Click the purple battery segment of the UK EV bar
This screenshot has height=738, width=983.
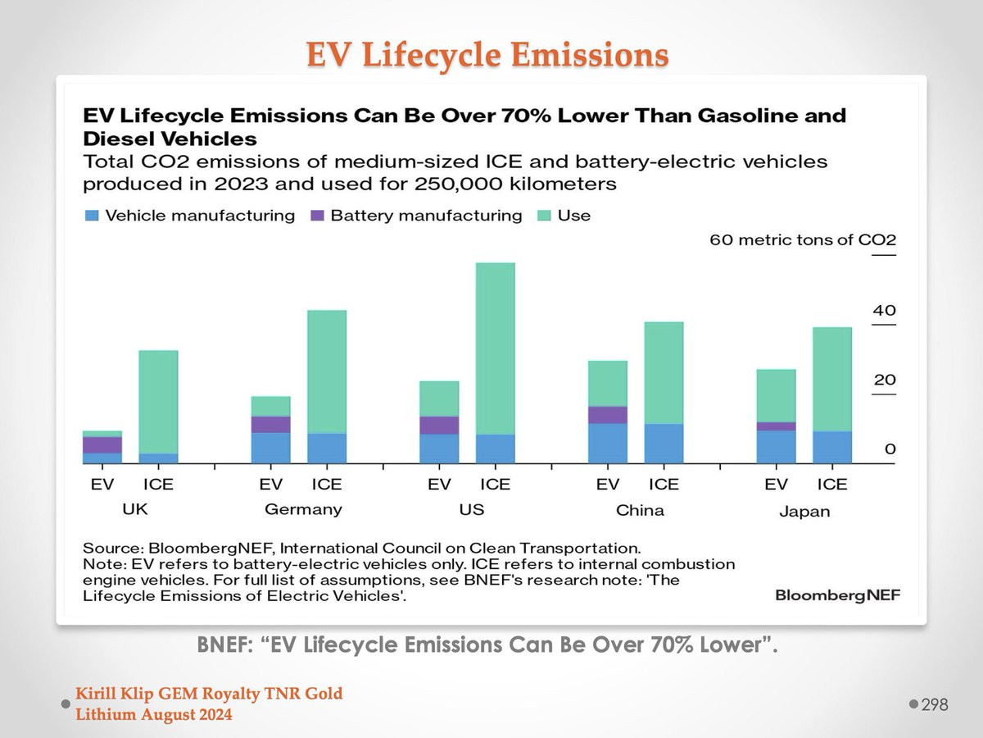coord(102,444)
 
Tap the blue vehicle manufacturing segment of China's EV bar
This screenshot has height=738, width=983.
coord(608,443)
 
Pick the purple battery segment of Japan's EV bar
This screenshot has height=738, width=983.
coord(776,426)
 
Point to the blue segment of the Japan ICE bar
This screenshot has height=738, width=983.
coord(831,447)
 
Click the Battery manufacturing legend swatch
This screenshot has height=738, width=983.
coord(318,216)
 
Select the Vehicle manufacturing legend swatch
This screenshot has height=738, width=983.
coord(92,216)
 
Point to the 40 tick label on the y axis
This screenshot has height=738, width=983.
coord(885,312)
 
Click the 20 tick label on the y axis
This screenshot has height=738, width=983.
coord(885,380)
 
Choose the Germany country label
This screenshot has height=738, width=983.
coord(303,509)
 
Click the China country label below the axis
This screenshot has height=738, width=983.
coord(640,510)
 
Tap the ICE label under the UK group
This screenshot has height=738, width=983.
coord(158,485)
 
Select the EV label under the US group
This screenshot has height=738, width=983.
coord(440,485)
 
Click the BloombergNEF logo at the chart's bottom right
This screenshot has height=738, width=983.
coord(837,595)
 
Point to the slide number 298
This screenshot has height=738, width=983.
coord(935,704)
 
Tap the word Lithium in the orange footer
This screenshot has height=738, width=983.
coord(102,714)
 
